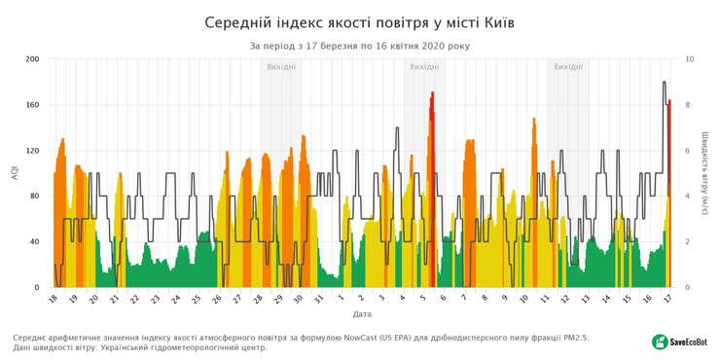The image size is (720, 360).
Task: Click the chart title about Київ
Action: pyautogui.click(x=360, y=21)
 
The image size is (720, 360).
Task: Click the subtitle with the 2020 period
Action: pyautogui.click(x=360, y=46)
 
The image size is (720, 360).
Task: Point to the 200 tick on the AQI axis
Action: pyautogui.click(x=32, y=59)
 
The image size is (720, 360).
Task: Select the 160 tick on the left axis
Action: pyautogui.click(x=32, y=105)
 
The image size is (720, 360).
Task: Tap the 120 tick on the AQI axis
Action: pyautogui.click(x=32, y=151)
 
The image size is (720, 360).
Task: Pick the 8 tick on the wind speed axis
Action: pyautogui.click(x=687, y=105)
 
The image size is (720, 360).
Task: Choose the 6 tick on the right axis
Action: pyautogui.click(x=687, y=151)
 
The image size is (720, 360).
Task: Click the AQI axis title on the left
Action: pyautogui.click(x=14, y=173)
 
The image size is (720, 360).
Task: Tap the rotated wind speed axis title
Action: pyautogui.click(x=704, y=173)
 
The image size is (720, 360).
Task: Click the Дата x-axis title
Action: pyautogui.click(x=361, y=315)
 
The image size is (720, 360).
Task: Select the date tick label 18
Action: pyautogui.click(x=54, y=300)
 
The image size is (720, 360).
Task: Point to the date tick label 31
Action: pyautogui.click(x=320, y=300)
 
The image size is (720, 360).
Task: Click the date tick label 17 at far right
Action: pyautogui.click(x=667, y=300)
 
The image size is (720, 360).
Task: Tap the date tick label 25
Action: pyautogui.click(x=198, y=300)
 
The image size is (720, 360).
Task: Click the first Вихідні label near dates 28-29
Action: pyautogui.click(x=281, y=67)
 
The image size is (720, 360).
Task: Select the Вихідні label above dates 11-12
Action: pyautogui.click(x=568, y=67)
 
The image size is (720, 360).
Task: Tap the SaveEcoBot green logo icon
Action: pyautogui.click(x=660, y=342)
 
